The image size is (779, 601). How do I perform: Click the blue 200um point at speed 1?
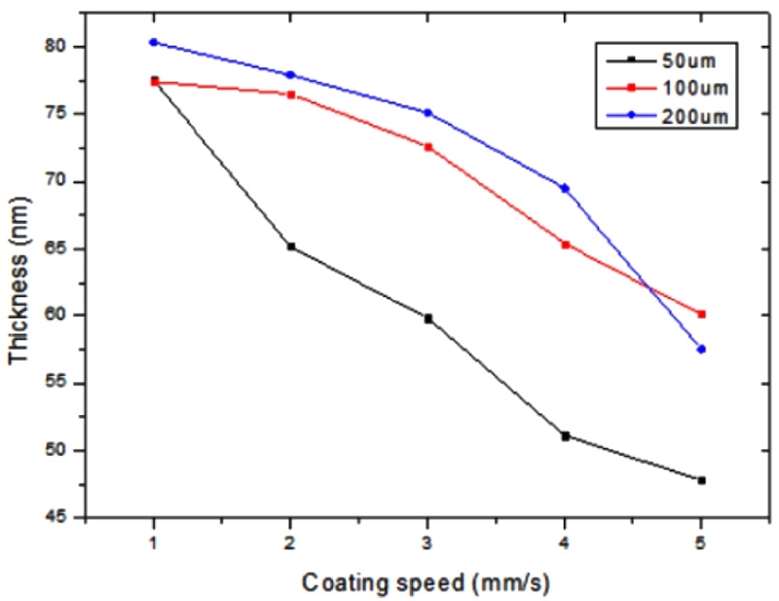[154, 42]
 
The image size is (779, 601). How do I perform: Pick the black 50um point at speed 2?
[291, 246]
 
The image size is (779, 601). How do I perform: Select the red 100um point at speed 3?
[427, 146]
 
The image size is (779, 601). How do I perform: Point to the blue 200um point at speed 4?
[565, 187]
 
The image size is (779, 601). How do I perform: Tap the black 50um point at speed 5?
[701, 480]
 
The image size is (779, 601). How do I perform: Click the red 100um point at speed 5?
[701, 314]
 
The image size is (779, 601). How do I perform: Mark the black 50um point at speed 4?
[565, 435]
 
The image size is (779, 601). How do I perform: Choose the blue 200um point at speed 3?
[427, 112]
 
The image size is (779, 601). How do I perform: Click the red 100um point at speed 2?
[291, 94]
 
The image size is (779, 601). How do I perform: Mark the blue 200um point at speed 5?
[701, 349]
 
